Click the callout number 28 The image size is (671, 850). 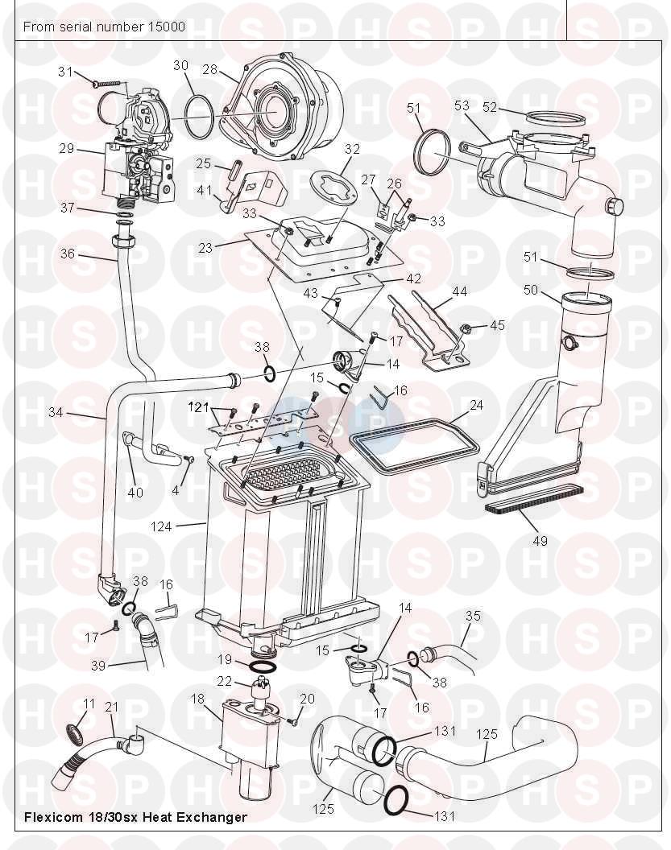click(x=210, y=70)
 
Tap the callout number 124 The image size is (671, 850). click(x=160, y=526)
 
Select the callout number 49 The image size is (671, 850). click(x=540, y=541)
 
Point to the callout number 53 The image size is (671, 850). click(x=462, y=105)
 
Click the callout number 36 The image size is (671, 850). click(x=68, y=254)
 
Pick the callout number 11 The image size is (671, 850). click(x=89, y=704)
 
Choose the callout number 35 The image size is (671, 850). click(x=473, y=616)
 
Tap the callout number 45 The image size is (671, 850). click(x=497, y=325)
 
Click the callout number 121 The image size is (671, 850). click(x=198, y=407)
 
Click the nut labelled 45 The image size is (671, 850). click(x=466, y=328)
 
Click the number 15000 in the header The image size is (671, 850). click(x=166, y=27)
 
